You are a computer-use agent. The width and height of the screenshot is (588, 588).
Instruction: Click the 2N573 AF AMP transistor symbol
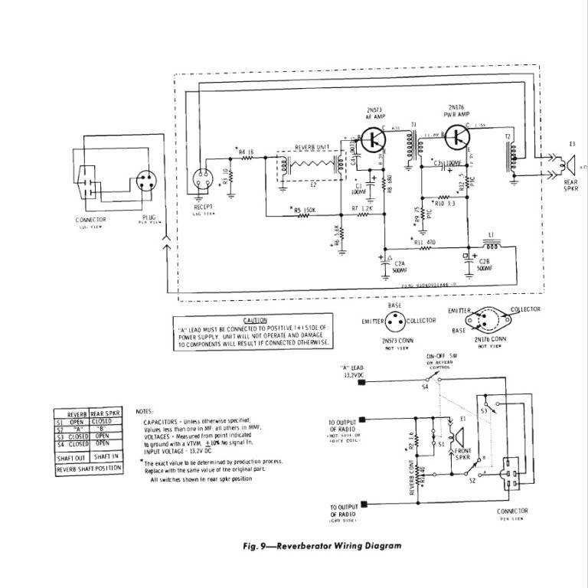coord(375,138)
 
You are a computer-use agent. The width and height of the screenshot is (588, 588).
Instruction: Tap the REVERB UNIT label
coord(312,146)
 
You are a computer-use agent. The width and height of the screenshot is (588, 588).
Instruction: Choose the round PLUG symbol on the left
coord(145,184)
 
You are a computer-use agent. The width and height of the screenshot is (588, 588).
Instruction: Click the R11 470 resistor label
coord(426,242)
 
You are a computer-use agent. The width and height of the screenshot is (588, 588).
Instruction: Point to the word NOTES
coord(144,411)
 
